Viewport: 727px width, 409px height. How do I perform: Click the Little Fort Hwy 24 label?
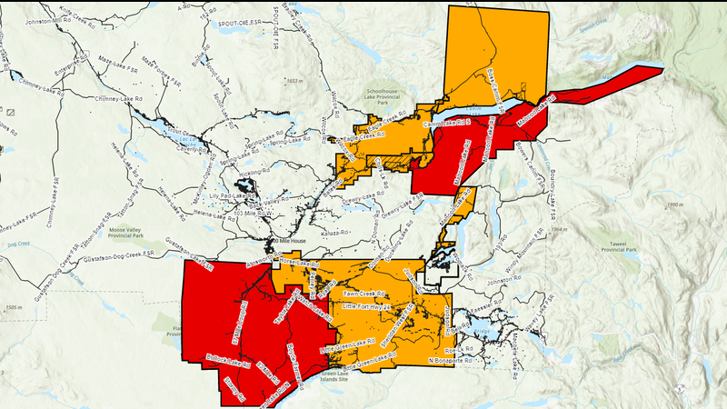click(x=365, y=309)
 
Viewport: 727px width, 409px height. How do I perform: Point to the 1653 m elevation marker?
click(x=292, y=82)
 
